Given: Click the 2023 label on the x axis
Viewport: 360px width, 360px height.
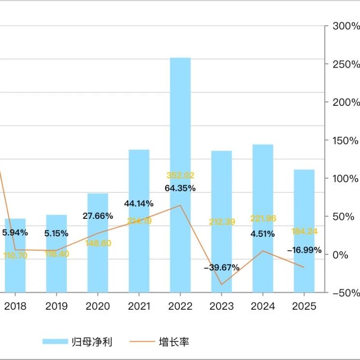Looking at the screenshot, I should pos(222,306).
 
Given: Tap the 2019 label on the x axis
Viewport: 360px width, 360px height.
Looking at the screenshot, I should pos(57,306).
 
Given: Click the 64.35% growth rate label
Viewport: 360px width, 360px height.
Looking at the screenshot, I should pos(180,188).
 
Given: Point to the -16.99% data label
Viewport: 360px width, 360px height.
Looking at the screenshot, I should pos(304,250).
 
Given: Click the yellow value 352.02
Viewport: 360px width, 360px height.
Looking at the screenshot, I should pos(180,175).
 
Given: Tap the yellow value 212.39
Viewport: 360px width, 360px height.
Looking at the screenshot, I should pos(222,222).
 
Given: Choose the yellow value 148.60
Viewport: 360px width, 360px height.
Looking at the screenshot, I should pos(98,243).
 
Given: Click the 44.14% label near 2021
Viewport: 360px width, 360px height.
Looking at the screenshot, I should pos(139,203).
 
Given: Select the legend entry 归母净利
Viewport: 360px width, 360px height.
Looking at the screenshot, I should pos(77,342).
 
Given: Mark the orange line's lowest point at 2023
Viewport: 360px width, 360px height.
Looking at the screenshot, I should pos(222,285).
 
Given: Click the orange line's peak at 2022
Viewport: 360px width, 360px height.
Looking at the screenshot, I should pos(180,205).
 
